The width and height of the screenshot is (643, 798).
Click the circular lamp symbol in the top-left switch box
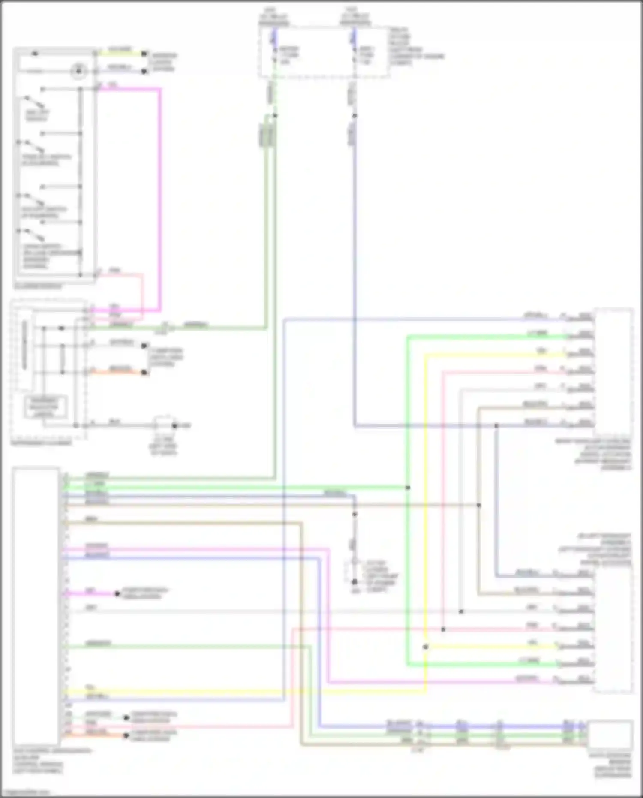click(x=78, y=71)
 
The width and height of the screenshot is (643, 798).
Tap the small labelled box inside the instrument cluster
click(x=44, y=407)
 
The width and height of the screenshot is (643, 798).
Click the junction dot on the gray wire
click(x=461, y=611)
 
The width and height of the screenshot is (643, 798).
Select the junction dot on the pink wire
click(x=443, y=629)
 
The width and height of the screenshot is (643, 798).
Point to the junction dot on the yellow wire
click(x=425, y=647)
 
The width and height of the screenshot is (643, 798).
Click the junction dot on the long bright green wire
click(x=408, y=488)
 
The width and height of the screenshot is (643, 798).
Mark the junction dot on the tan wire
click(x=479, y=505)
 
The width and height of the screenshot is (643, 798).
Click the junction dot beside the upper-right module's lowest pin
click(x=496, y=425)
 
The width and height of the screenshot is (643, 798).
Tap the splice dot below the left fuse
click(x=275, y=115)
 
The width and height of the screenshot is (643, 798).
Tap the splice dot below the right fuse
click(x=355, y=115)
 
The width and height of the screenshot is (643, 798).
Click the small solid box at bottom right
click(x=610, y=735)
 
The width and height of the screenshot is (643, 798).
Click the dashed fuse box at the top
click(x=325, y=52)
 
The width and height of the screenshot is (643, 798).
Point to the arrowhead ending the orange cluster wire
click(x=145, y=372)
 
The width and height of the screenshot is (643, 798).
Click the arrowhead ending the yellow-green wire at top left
click(x=145, y=54)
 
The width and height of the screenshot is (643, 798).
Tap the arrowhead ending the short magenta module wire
click(x=117, y=594)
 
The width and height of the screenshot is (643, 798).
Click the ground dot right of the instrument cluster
click(x=174, y=425)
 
